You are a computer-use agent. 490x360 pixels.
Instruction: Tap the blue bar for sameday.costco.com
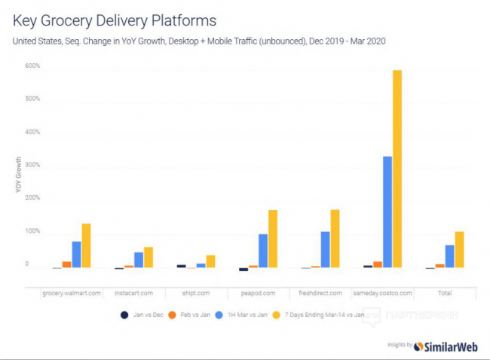pos(387,212)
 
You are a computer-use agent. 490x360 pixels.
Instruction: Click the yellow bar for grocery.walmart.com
pos(86,246)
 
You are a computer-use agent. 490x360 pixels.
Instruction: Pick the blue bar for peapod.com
pos(262,251)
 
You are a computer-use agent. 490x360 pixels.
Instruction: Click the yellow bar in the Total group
pos(459,249)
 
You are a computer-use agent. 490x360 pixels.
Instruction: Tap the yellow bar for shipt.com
pos(210,261)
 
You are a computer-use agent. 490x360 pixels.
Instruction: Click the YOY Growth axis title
pos(18,176)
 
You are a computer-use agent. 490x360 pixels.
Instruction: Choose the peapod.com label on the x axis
pos(258,292)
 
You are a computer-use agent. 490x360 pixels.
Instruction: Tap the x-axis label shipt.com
pos(196,292)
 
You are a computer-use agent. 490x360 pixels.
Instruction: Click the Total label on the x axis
pos(446,292)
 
